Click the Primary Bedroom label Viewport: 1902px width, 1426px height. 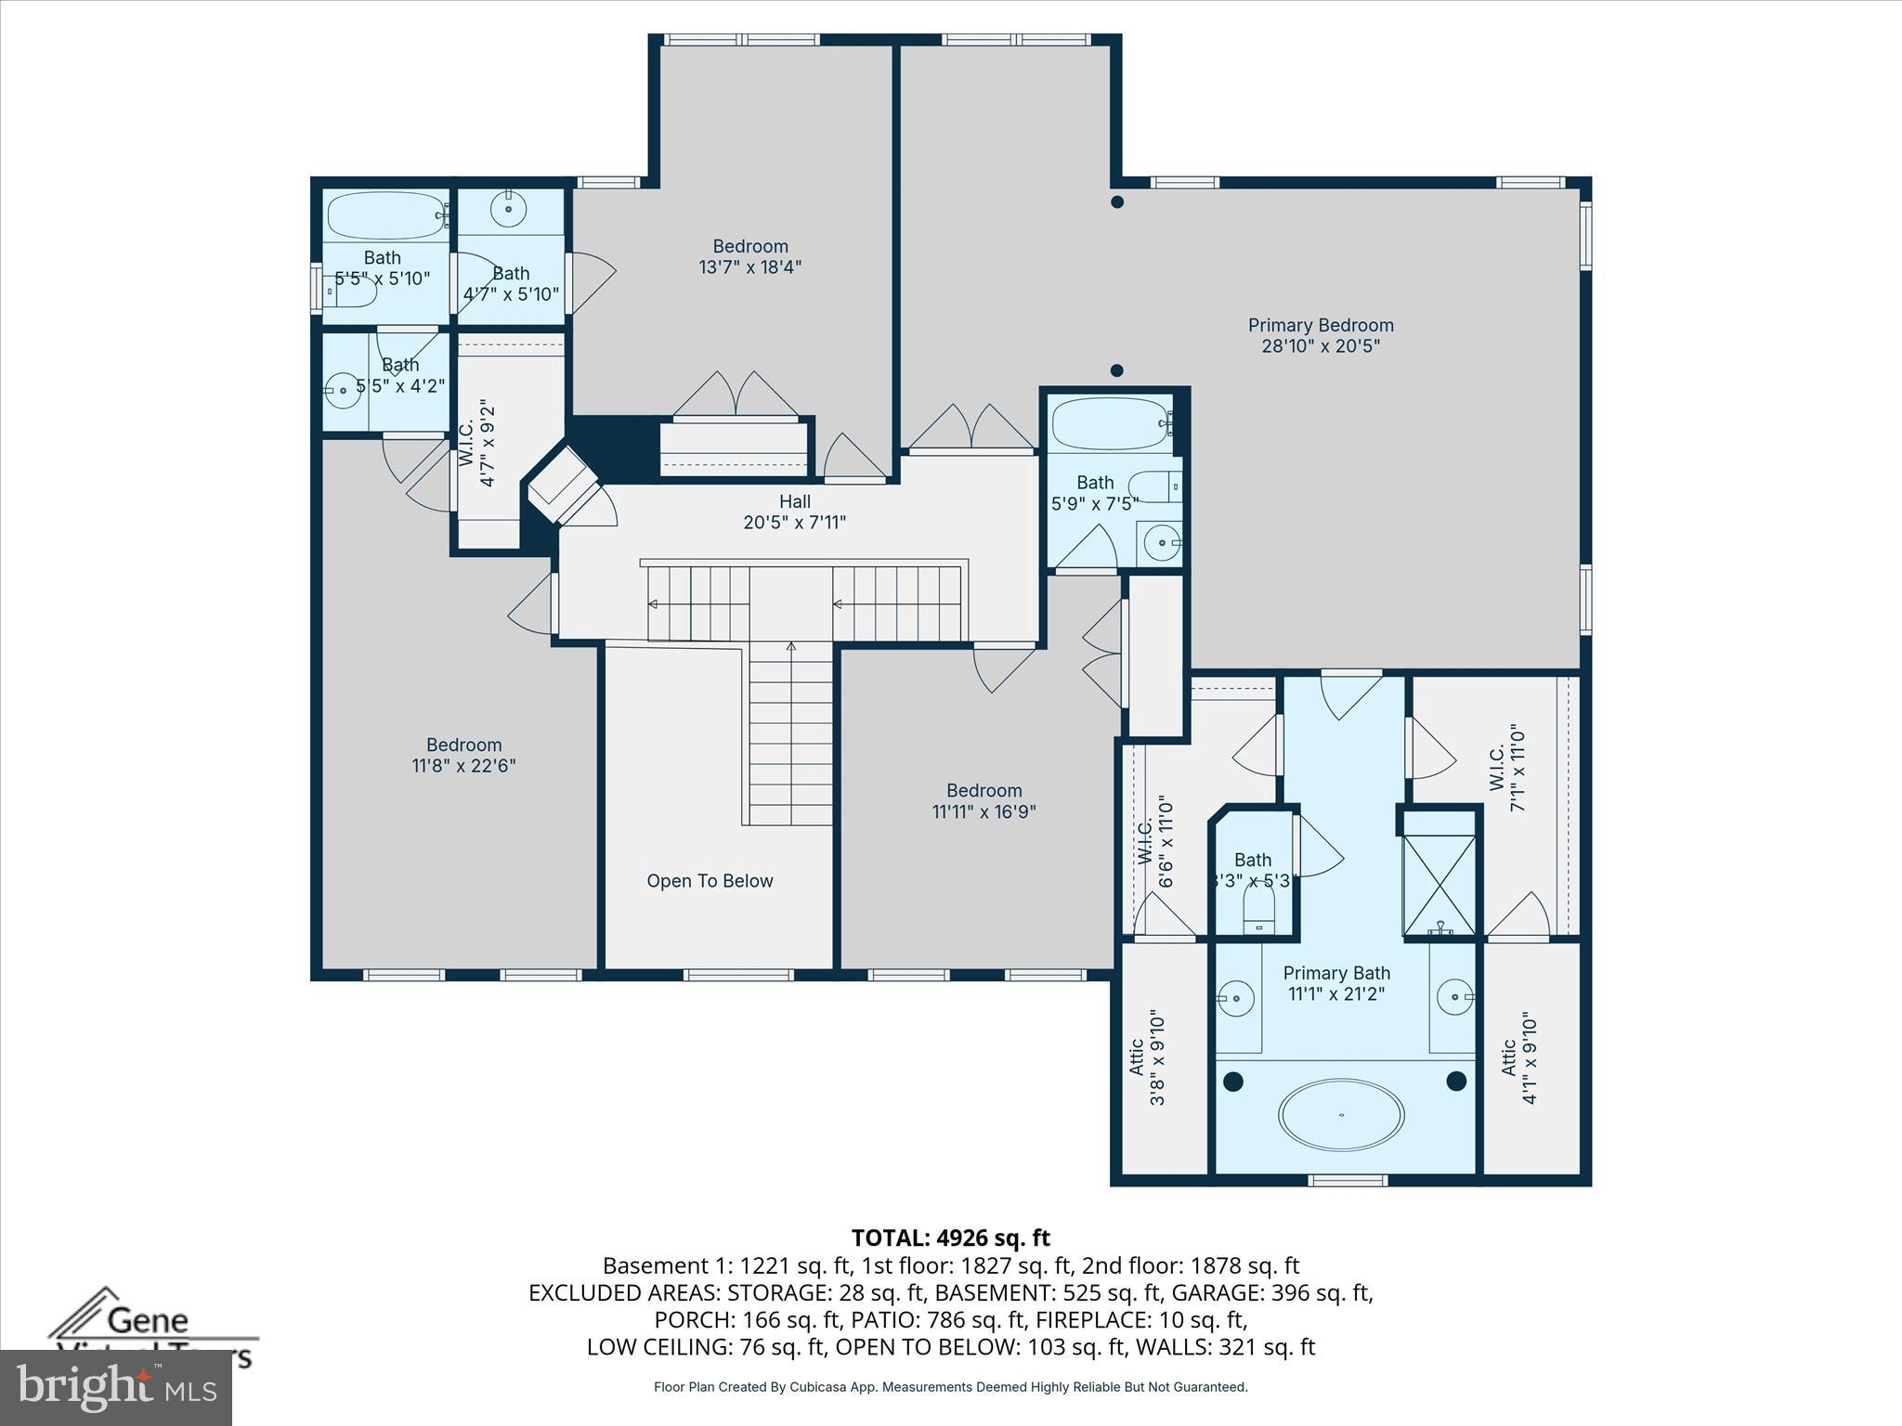pyautogui.click(x=1320, y=335)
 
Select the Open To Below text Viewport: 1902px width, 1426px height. pyautogui.click(x=710, y=880)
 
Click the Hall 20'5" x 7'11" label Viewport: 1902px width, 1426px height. pyautogui.click(x=794, y=512)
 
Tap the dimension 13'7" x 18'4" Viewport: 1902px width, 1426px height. pyautogui.click(x=749, y=267)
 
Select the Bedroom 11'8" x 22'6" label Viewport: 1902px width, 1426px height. pyautogui.click(x=463, y=755)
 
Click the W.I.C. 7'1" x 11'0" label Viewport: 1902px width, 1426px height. pyautogui.click(x=1506, y=769)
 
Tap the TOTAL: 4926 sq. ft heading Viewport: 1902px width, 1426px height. pyautogui.click(x=950, y=1238)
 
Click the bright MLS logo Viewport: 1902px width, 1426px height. pyautogui.click(x=116, y=1387)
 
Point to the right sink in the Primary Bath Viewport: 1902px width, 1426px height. pyautogui.click(x=1454, y=996)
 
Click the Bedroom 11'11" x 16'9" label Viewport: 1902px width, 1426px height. pyautogui.click(x=984, y=800)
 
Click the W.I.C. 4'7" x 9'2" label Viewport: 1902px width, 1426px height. pyautogui.click(x=476, y=443)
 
